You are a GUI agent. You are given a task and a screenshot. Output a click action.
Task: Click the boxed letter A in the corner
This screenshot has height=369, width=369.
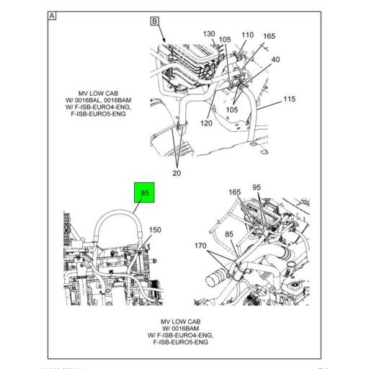pyautogui.click(x=53, y=16)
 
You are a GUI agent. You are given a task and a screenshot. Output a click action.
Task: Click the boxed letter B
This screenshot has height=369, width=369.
pyautogui.click(x=154, y=22)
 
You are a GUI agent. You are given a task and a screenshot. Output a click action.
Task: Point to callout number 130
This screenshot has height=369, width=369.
pyautogui.click(x=208, y=34)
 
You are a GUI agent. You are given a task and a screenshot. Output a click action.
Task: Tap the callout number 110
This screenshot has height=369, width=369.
pyautogui.click(x=247, y=35)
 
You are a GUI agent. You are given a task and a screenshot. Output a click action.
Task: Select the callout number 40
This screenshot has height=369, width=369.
pyautogui.click(x=276, y=59)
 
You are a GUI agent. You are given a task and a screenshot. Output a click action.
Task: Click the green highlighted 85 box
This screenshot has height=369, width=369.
pyautogui.click(x=144, y=192)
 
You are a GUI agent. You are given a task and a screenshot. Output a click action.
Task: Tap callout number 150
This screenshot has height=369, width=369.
pyautogui.click(x=154, y=230)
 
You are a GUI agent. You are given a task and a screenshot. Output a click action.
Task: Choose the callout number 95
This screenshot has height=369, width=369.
pyautogui.click(x=256, y=188)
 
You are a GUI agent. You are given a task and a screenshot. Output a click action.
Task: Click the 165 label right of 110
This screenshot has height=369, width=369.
pyautogui.click(x=269, y=36)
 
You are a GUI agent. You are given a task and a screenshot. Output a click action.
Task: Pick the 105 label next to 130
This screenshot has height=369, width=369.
pyautogui.click(x=226, y=40)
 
